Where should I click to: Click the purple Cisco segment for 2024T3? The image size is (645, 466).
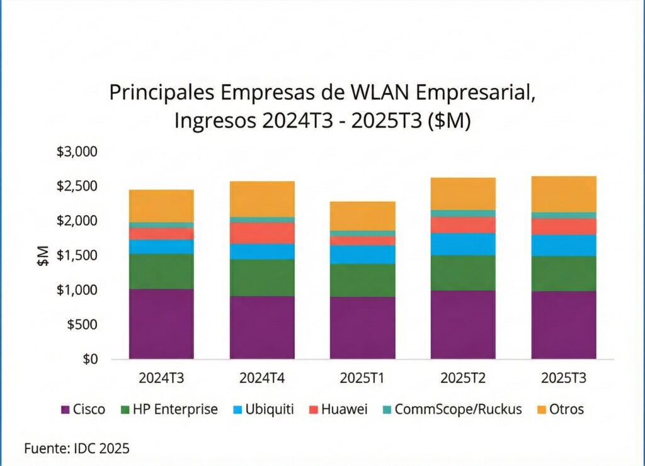click(x=161, y=324)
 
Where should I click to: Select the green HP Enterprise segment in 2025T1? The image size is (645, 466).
click(x=363, y=280)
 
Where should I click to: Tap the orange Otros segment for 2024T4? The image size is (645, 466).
click(x=262, y=199)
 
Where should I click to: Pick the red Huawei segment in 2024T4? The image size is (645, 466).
click(x=262, y=233)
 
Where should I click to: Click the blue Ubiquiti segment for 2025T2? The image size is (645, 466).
click(x=464, y=244)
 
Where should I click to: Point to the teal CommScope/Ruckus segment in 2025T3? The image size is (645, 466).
click(x=564, y=215)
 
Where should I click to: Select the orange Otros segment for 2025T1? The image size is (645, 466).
click(x=363, y=216)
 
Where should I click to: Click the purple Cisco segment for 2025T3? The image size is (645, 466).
click(x=564, y=325)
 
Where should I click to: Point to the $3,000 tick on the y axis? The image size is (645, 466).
click(x=77, y=152)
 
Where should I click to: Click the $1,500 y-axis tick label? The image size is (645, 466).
click(x=77, y=256)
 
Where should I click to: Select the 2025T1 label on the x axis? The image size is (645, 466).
click(x=363, y=379)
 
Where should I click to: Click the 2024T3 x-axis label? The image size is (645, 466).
click(x=161, y=379)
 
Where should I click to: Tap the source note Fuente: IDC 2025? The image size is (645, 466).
click(x=76, y=448)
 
